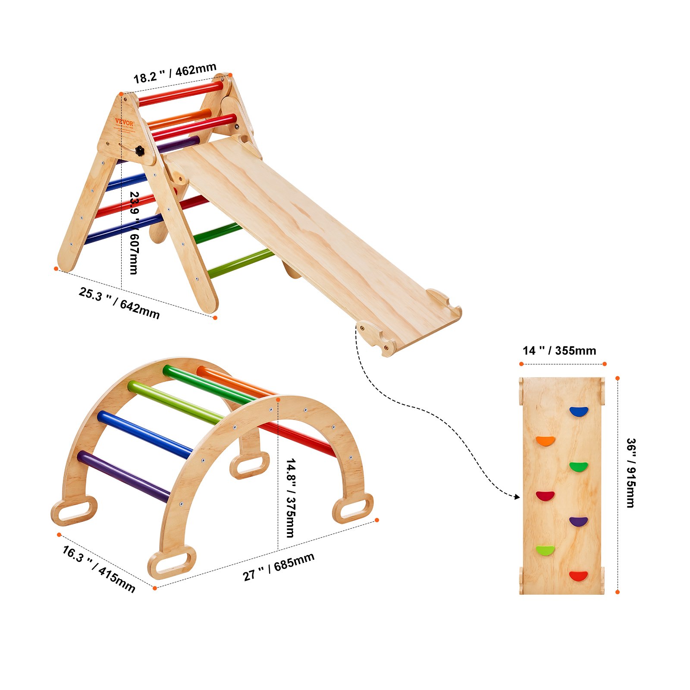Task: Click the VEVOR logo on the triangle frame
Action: (x=124, y=122)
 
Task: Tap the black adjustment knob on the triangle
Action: (x=140, y=151)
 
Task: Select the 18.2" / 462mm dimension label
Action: (x=175, y=73)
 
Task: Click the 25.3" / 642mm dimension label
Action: (x=119, y=303)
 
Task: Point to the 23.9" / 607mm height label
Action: (x=134, y=233)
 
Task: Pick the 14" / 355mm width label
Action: (x=559, y=351)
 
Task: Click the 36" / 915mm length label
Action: (x=630, y=473)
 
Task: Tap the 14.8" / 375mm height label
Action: (x=291, y=498)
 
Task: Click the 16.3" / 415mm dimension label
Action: (x=99, y=569)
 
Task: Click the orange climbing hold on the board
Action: (x=546, y=441)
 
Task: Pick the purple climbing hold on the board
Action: (x=578, y=521)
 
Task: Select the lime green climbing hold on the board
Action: (x=546, y=550)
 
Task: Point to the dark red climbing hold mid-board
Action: (x=545, y=496)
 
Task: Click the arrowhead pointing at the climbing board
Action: (x=517, y=497)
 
